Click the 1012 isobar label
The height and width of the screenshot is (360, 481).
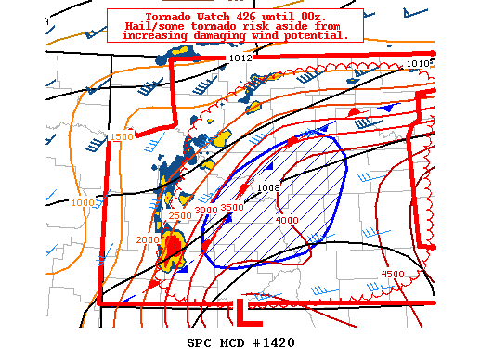240,58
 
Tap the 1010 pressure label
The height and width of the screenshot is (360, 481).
420,63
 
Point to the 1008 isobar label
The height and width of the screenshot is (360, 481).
269,187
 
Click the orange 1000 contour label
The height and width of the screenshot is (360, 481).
83,202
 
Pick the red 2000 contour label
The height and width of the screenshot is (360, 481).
148,239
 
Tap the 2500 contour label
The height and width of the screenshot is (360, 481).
179,216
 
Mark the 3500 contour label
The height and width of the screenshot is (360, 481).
232,207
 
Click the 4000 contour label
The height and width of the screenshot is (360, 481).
288,220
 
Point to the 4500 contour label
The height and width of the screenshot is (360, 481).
393,274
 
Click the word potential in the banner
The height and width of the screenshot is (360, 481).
317,35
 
